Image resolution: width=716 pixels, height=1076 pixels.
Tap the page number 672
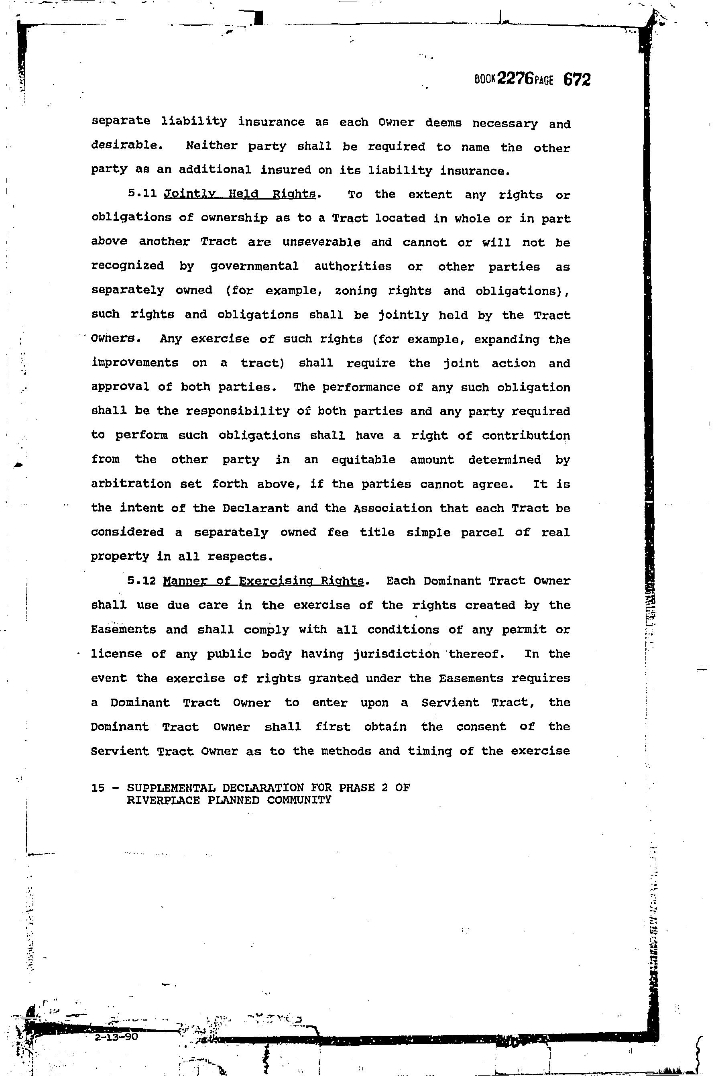click(x=577, y=80)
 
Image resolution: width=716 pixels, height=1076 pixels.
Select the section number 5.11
click(x=142, y=193)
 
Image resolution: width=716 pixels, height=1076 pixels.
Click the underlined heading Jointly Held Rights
click(x=240, y=194)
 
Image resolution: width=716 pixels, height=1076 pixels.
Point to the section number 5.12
click(x=142, y=581)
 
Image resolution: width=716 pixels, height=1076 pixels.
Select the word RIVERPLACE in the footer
click(x=163, y=800)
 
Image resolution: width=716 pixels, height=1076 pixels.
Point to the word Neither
click(x=212, y=146)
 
